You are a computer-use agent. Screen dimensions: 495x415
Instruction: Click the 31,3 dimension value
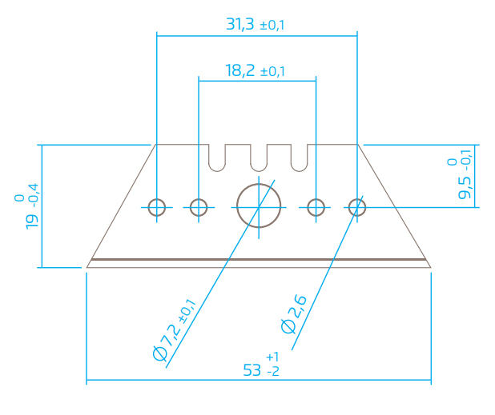pyautogui.click(x=240, y=25)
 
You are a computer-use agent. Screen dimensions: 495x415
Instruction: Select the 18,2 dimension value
pyautogui.click(x=240, y=70)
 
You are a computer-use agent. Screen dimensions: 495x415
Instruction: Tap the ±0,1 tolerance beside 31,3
pyautogui.click(x=272, y=26)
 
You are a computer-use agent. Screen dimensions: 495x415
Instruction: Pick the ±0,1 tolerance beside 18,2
pyautogui.click(x=272, y=71)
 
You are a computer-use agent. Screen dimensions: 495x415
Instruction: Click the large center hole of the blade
pyautogui.click(x=259, y=184)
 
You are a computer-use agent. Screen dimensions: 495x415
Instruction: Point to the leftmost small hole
pyautogui.click(x=156, y=199)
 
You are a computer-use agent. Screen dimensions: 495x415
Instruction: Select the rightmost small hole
pyautogui.click(x=357, y=199)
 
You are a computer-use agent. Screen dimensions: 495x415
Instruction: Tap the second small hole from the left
pyautogui.click(x=199, y=199)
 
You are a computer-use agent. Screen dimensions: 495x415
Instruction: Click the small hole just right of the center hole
pyautogui.click(x=316, y=199)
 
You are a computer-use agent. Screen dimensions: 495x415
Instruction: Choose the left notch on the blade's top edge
pyautogui.click(x=217, y=171)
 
